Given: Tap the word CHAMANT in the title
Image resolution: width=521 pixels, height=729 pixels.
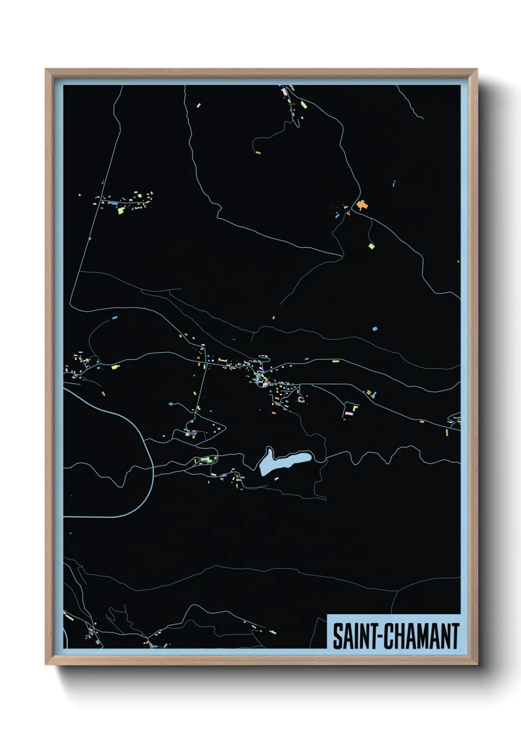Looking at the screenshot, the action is tap(421, 636).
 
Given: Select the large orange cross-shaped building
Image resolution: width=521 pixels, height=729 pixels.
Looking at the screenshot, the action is tap(362, 205).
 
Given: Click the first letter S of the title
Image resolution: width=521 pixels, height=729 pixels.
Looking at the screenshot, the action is tap(338, 636).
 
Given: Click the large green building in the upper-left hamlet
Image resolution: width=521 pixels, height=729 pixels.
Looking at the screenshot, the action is tap(121, 210).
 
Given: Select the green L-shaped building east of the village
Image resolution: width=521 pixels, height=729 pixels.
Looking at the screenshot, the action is tap(355, 407).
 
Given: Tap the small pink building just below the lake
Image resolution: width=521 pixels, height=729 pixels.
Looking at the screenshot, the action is tap(276, 478).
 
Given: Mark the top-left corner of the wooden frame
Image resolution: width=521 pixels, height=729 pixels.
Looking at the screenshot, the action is tap(46, 69).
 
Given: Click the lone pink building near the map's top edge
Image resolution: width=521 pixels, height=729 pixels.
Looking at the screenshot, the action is tap(198, 105).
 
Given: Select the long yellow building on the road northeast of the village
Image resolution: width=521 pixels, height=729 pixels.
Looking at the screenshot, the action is tap(336, 362).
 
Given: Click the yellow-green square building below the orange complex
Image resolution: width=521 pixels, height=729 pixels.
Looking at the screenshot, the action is tap(371, 246).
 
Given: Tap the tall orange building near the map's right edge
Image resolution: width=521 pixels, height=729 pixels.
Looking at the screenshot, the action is tap(447, 432).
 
